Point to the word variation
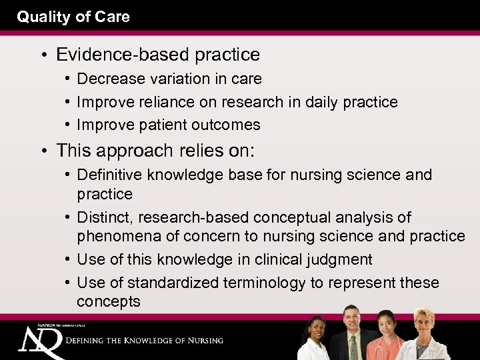[173, 79]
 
